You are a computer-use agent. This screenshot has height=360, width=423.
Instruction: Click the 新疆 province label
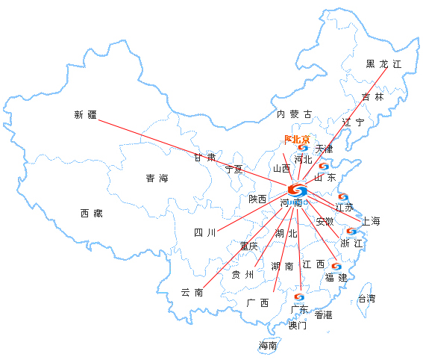tap(86, 115)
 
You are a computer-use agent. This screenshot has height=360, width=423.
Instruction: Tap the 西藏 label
tap(92, 214)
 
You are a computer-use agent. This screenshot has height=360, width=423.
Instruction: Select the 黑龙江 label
tap(383, 64)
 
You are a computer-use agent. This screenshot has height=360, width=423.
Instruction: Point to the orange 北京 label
tap(297, 140)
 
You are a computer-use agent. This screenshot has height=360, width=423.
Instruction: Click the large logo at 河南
tap(297, 190)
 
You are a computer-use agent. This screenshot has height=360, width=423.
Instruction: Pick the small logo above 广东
tap(299, 298)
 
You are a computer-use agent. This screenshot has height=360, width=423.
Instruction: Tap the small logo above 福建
tap(336, 267)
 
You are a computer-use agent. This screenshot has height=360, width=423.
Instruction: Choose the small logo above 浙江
tap(351, 232)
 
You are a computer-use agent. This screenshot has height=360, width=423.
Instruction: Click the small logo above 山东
tap(324, 167)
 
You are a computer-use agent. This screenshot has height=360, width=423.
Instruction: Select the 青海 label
tap(157, 179)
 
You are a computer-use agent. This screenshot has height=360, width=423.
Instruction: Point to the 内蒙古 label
tap(295, 114)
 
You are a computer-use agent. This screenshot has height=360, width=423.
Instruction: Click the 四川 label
tap(204, 232)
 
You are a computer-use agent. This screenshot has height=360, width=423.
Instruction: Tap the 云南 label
tap(192, 293)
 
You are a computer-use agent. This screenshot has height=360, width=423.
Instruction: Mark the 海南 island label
tap(268, 345)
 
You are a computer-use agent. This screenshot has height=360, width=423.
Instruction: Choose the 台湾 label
tap(366, 299)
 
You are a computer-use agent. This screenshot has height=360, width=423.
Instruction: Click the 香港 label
tap(323, 314)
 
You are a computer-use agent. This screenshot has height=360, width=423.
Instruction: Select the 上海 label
tap(371, 221)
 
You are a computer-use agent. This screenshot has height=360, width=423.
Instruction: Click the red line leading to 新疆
tap(192, 153)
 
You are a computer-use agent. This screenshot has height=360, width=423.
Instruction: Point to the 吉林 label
tap(372, 96)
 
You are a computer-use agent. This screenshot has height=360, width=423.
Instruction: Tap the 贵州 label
tap(242, 275)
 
